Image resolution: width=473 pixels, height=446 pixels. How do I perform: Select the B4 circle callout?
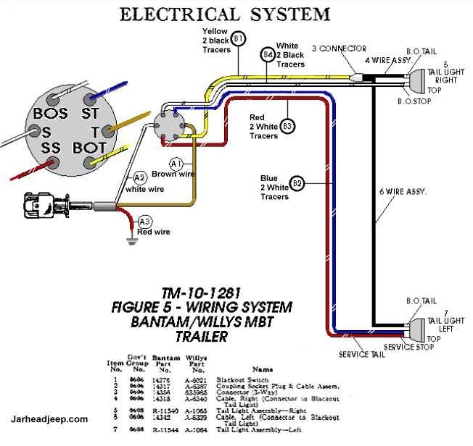click(x=268, y=54)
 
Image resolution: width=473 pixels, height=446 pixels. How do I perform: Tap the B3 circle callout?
click(x=287, y=126)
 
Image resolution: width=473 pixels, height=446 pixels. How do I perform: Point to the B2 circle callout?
click(x=297, y=182)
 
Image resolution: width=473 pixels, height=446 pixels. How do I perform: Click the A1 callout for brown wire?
click(x=176, y=164)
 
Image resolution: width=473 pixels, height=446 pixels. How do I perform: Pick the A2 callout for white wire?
click(x=139, y=177)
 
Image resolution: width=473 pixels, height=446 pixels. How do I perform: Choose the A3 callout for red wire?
click(x=145, y=222)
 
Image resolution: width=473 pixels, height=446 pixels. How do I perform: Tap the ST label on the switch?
click(x=90, y=114)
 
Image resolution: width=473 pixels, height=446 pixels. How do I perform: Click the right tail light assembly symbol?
click(x=419, y=80)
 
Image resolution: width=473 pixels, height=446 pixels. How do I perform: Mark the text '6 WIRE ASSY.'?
click(x=403, y=192)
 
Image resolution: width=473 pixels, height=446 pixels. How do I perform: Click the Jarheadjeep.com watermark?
click(x=50, y=418)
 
